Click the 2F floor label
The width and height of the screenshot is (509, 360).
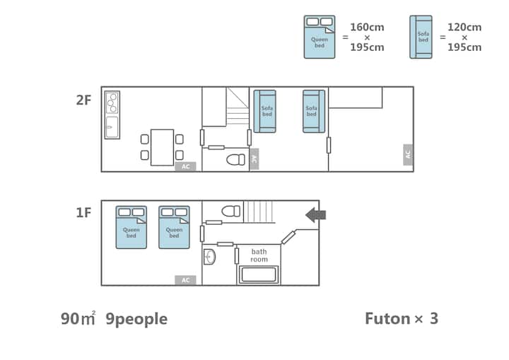83,100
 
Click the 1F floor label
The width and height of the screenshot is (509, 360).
83,213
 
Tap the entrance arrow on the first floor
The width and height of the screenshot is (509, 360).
315,215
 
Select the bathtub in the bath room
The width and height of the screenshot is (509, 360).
259,274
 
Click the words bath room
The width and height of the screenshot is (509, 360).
259,255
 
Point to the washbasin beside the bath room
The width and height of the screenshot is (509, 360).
209,257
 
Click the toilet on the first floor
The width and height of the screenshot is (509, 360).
230,211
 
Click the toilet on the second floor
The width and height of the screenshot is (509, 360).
235,160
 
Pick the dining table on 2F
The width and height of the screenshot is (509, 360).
162,148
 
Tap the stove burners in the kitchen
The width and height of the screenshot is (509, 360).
112,103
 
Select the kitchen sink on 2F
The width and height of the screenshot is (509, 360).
112,127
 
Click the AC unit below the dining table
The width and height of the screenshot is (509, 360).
185,167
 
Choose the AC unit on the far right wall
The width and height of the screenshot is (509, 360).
408,155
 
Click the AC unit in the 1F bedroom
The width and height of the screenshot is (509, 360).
185,280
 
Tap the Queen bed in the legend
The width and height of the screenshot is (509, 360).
320,37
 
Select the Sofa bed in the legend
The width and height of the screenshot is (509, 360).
421,37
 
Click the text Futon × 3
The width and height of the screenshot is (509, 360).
402,318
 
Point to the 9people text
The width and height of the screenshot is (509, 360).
136,320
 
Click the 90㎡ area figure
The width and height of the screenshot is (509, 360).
78,318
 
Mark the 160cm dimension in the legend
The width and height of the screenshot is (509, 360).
367,28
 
